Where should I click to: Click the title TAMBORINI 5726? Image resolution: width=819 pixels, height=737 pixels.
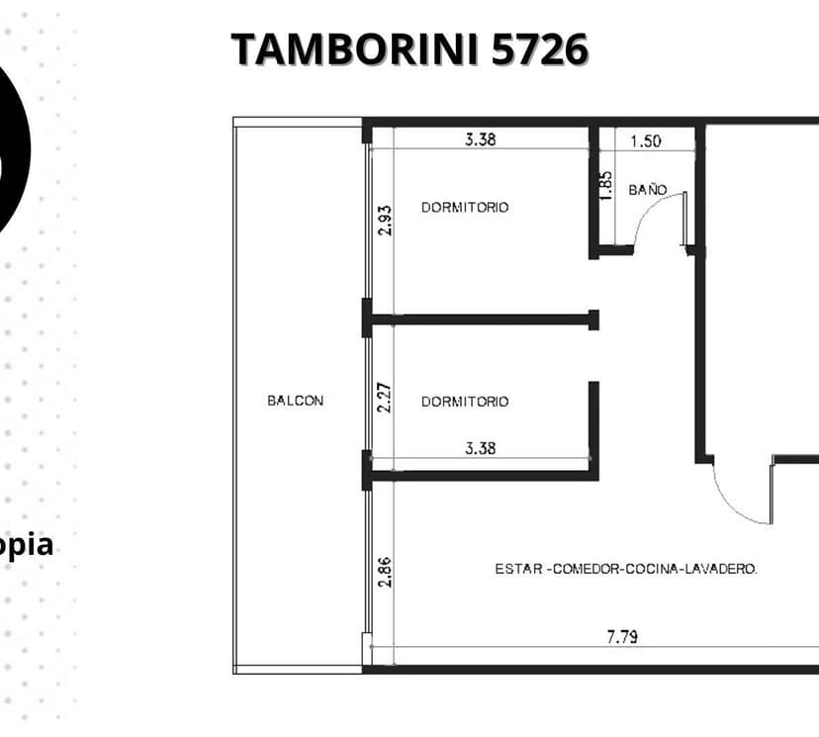[410, 49]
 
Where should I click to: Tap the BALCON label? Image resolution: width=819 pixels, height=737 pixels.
[295, 401]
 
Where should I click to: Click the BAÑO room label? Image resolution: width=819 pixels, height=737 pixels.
[648, 189]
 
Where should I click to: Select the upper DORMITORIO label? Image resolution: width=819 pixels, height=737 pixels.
[465, 208]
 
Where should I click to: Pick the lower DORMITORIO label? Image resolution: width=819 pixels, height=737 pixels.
[465, 401]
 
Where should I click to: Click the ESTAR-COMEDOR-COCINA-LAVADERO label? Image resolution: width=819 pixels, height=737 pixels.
[626, 569]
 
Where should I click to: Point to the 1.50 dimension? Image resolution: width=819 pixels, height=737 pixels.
[646, 141]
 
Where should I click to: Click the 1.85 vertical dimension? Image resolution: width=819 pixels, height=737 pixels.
[606, 186]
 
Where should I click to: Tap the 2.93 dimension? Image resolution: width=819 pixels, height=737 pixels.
[385, 221]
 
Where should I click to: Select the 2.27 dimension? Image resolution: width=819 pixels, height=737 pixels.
[385, 398]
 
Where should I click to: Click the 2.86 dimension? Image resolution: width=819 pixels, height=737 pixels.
[385, 573]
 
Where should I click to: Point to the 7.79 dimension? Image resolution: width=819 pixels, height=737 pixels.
[622, 637]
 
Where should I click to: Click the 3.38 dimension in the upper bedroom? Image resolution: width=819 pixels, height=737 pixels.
[481, 139]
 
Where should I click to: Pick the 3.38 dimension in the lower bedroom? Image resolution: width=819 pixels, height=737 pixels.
[481, 448]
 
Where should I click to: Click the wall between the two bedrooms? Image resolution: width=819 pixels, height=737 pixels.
[481, 320]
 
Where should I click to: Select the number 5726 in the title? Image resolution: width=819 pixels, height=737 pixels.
[540, 49]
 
